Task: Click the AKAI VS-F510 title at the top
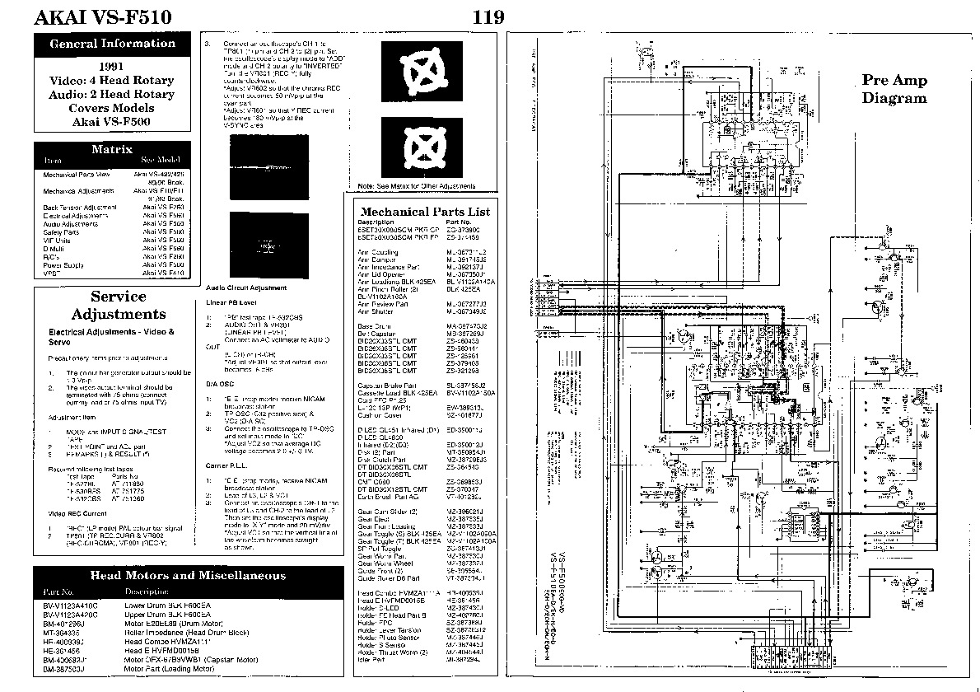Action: coord(103,17)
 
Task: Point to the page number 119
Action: coord(489,17)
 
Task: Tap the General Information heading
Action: coord(113,44)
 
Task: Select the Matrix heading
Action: coord(113,150)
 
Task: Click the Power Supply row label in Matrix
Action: coord(63,265)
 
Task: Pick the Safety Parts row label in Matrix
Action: coord(62,231)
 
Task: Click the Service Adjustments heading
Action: coord(118,305)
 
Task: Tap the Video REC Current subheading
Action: coord(76,513)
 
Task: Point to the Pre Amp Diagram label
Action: coord(894,89)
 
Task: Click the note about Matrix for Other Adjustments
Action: coord(422,187)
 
